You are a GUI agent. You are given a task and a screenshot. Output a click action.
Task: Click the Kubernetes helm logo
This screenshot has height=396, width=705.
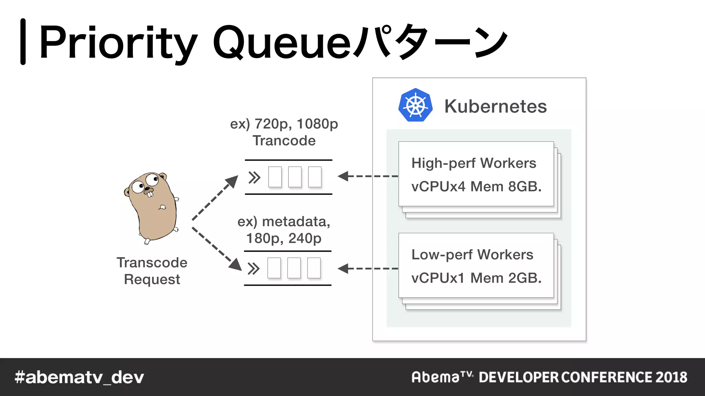pos(415,105)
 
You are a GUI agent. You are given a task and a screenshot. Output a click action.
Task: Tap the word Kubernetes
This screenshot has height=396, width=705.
pos(495,106)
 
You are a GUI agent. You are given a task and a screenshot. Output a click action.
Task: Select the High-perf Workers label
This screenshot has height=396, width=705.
pos(474,163)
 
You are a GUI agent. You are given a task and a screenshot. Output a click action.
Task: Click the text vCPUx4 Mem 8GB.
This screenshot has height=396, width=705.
pos(476,186)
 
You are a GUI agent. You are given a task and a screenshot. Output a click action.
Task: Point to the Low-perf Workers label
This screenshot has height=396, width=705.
pos(472,255)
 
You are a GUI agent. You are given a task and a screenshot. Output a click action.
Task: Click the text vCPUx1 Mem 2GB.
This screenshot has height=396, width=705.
pos(476,278)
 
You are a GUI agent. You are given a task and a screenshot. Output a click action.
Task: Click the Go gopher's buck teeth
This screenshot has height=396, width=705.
pos(150,194)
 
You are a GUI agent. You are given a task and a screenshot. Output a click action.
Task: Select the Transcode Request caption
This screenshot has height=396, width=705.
pos(152,271)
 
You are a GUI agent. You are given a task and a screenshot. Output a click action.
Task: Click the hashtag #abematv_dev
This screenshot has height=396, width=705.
pos(79,377)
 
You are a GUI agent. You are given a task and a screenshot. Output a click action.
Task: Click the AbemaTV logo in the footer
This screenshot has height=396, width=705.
pos(442,377)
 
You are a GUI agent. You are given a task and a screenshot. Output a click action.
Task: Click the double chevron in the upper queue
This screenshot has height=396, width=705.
pos(254,178)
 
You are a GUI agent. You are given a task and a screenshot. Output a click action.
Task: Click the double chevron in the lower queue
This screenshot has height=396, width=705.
pos(254,269)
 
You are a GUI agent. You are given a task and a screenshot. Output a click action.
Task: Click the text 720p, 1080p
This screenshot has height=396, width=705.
pos(296,124)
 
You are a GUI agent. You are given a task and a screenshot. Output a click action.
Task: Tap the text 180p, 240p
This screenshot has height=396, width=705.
pos(284,238)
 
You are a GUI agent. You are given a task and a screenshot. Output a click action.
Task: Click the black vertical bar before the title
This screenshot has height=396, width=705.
pos(23,42)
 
